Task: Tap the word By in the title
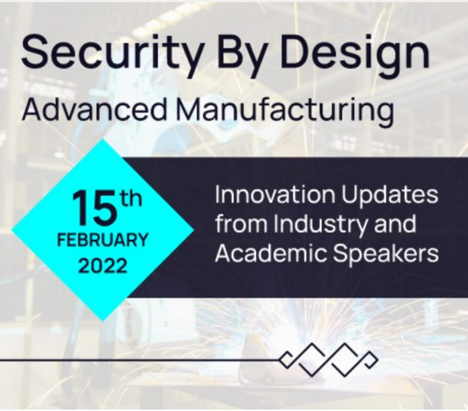coord(240,54)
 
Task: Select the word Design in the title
coord(355,52)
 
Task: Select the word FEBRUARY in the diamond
coord(102,240)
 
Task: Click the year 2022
coord(103,265)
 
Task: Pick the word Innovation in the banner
coord(275,194)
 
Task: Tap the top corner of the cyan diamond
coord(103,139)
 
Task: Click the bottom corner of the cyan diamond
coord(103,322)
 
